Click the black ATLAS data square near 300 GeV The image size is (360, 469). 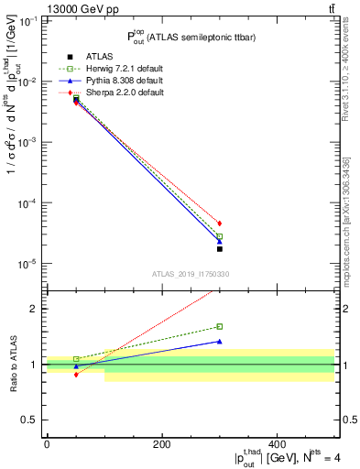[x=220, y=248]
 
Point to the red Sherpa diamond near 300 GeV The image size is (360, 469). [x=220, y=223]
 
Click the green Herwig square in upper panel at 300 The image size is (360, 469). [x=220, y=236]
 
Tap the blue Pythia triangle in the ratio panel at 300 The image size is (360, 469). [x=220, y=342]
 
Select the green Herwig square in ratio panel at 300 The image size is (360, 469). [x=220, y=326]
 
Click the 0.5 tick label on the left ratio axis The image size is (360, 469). [x=32, y=420]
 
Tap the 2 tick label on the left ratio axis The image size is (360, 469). [x=37, y=309]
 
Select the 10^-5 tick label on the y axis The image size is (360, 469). [x=27, y=264]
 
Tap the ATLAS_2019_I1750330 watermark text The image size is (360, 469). [x=191, y=274]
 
